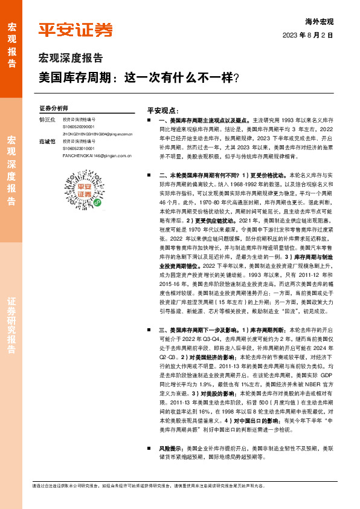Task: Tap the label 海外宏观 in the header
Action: pos(336,22)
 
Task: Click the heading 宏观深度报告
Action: pos(71,59)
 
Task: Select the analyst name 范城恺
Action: pos(47,141)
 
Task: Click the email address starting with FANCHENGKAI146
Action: pos(97,155)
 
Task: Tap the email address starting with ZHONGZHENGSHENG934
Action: pos(97,133)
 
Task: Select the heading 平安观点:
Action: pos(163,111)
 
